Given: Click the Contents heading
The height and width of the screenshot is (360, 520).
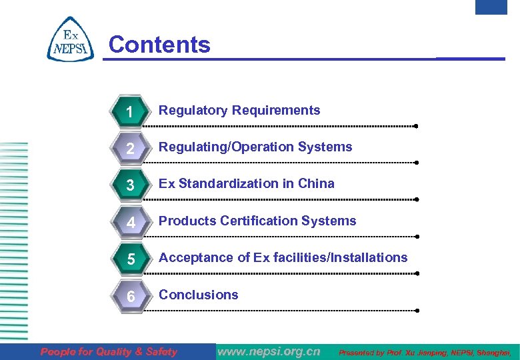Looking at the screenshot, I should (x=159, y=45).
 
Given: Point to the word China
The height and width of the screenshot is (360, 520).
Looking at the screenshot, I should (x=316, y=184).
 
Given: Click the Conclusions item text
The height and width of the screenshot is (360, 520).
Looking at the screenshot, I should (x=198, y=295).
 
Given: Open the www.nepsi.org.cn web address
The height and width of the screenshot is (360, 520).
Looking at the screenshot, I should (x=269, y=351).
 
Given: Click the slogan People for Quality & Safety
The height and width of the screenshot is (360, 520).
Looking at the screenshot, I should (x=109, y=351).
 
